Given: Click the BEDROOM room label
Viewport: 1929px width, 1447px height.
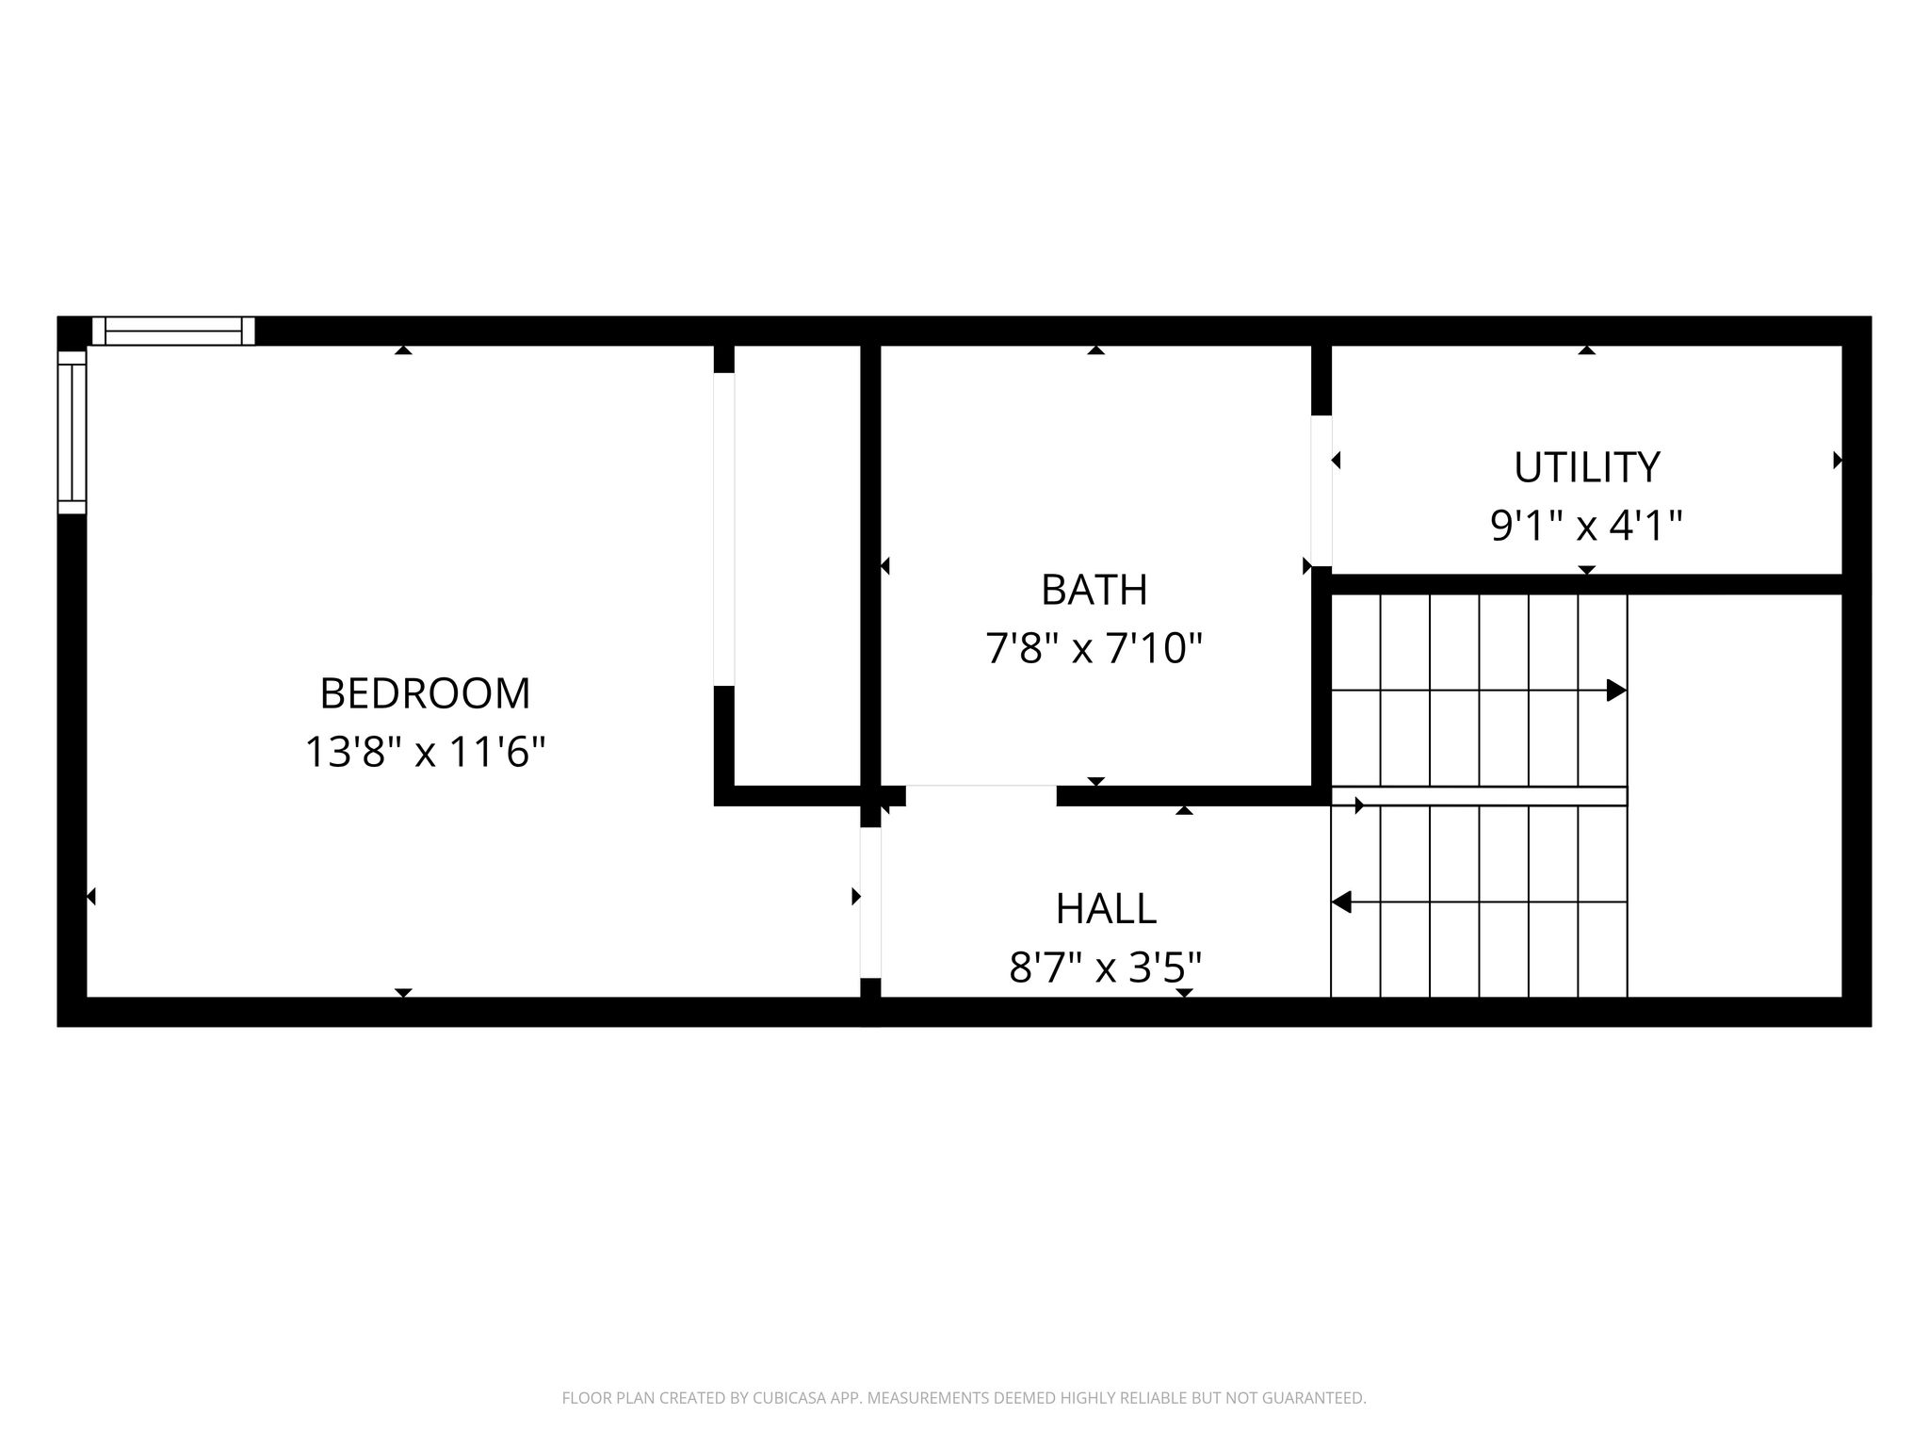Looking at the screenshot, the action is [425, 694].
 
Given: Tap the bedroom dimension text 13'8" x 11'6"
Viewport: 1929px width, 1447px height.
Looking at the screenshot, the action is [425, 753].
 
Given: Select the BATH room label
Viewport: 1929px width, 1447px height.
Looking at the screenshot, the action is [1094, 591].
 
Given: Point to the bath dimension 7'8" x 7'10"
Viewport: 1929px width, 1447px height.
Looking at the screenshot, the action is [1094, 648].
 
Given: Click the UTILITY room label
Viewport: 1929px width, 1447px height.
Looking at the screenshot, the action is [1587, 467].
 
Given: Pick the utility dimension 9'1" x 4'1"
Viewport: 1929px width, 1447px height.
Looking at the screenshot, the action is [1587, 526].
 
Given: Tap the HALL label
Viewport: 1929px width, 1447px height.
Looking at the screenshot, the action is [1106, 909].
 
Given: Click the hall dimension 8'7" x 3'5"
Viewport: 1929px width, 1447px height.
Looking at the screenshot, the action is [1106, 967].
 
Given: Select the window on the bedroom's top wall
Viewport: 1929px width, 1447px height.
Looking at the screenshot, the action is [173, 331].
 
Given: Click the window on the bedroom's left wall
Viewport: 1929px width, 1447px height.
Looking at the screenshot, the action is [73, 432].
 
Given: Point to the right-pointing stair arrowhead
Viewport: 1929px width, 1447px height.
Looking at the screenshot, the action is [1616, 691].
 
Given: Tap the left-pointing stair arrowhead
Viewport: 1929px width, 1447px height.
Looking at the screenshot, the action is [1341, 902].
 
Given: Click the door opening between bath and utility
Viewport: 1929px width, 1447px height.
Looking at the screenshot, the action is [1321, 491].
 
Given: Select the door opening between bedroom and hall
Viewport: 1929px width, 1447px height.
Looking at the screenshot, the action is [870, 902].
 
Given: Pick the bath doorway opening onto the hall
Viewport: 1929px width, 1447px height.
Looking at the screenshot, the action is [981, 796].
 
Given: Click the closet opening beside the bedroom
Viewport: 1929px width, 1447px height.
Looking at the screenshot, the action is [723, 529].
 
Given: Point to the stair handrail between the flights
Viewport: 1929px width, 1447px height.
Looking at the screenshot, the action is [1479, 796].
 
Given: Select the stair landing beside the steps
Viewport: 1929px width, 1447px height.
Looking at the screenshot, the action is [1734, 796].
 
